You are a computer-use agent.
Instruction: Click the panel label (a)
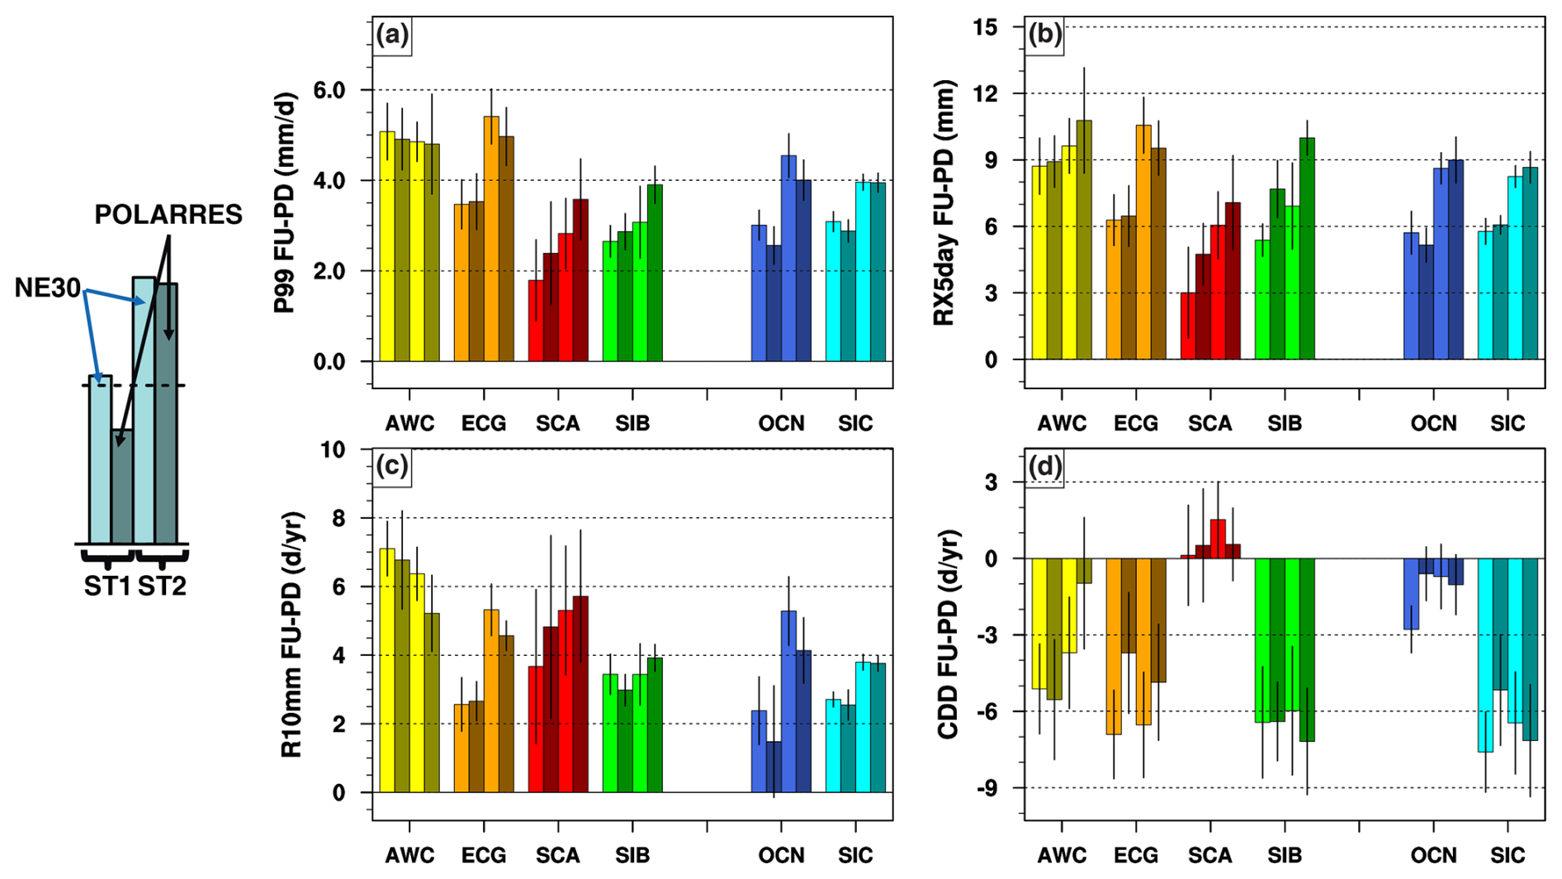[x=392, y=36]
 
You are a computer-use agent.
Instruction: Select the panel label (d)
[x=1044, y=468]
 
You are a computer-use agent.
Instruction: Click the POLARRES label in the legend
[x=168, y=215]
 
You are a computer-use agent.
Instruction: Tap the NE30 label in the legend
[x=47, y=288]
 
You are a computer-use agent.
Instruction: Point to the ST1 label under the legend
[x=107, y=587]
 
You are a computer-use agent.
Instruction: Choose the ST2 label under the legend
[x=162, y=587]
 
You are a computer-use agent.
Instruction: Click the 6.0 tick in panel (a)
[x=329, y=90]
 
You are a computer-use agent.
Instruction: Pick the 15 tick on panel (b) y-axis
[x=986, y=27]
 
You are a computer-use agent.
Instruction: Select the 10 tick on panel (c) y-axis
[x=333, y=449]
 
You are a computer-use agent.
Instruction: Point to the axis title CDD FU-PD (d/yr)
[x=948, y=634]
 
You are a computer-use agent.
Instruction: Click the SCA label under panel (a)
[x=558, y=424]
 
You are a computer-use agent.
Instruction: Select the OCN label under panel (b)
[x=1433, y=424]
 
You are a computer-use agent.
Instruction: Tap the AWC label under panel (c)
[x=409, y=856]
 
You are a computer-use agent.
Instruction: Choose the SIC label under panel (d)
[x=1508, y=856]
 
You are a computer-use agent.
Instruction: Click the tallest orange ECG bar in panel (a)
[x=491, y=240]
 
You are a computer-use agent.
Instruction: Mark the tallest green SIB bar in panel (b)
[x=1307, y=248]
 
